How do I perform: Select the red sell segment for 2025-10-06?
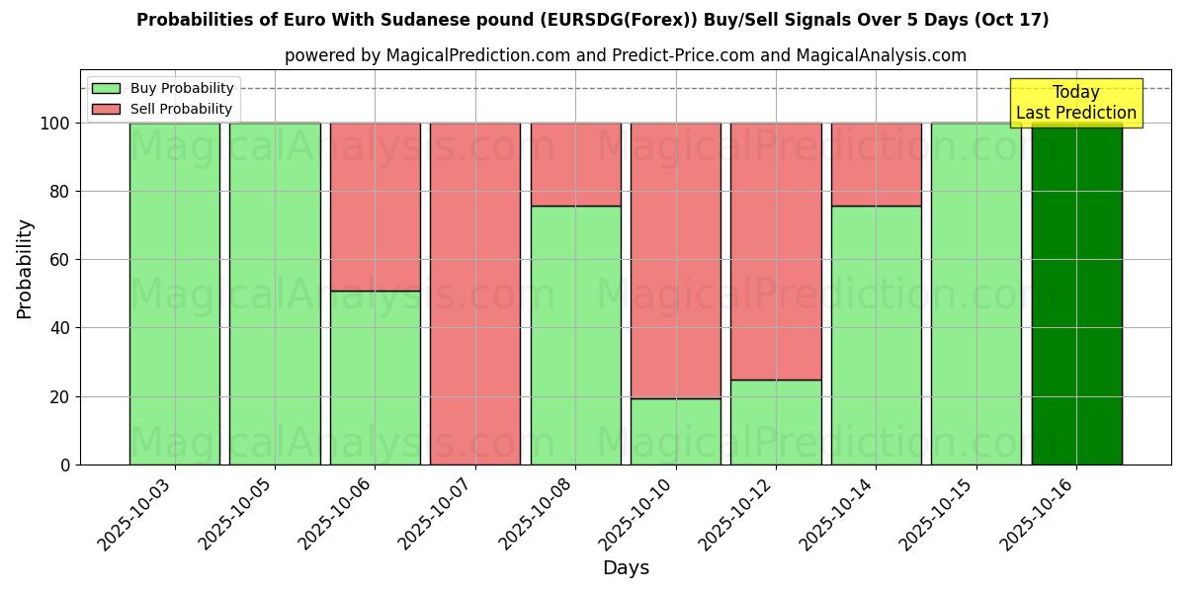pos(375,207)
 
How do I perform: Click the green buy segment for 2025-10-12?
pos(776,422)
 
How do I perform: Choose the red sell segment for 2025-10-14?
pos(876,164)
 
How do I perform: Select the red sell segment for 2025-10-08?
pos(575,164)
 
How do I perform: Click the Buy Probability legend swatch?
pos(106,89)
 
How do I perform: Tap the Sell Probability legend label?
pos(182,109)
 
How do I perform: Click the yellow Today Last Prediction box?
pos(1075,103)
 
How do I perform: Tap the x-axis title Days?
pos(626,568)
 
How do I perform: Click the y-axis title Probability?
pos(25,269)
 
